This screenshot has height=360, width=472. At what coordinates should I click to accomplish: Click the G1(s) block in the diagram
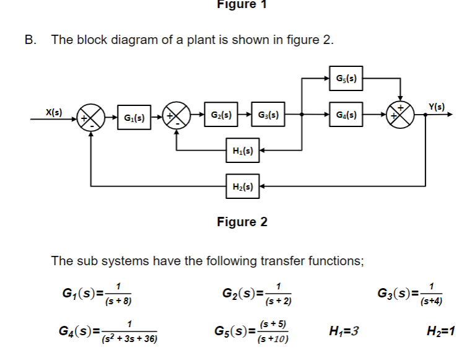click(134, 117)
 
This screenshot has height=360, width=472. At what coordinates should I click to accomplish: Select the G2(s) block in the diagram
click(221, 115)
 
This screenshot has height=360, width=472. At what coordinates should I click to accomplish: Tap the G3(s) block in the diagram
click(268, 115)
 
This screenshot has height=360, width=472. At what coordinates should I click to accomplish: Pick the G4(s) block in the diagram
click(346, 115)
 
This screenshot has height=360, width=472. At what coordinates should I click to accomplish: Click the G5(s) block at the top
click(346, 78)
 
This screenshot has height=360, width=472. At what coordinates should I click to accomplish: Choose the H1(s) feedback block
click(242, 150)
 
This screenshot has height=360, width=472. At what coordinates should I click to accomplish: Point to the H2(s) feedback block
click(242, 185)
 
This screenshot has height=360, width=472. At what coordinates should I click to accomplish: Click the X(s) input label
click(55, 111)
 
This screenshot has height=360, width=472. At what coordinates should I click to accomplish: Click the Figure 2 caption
click(242, 222)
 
